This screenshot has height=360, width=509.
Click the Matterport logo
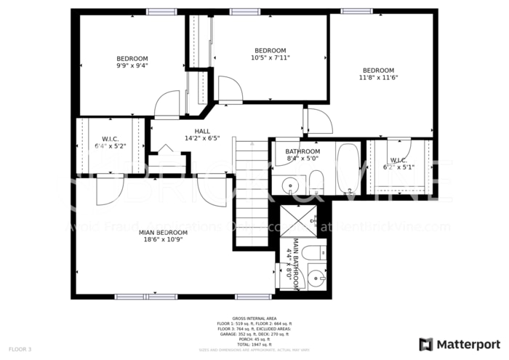pos(457,343)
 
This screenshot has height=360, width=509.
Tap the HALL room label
pos(202,131)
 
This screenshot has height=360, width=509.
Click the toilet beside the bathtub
pos(316,182)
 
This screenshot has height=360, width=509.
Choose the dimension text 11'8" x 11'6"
pos(378,77)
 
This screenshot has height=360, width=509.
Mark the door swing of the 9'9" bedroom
pos(166,103)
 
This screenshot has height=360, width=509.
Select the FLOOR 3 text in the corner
pos(20,350)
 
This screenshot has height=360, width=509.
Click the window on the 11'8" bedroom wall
pos(357,11)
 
